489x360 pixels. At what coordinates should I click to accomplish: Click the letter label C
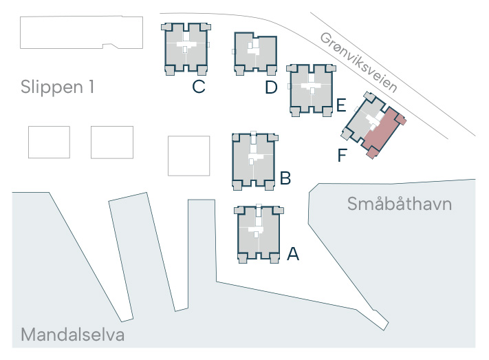point(199,87)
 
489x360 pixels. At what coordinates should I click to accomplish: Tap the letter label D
point(271,87)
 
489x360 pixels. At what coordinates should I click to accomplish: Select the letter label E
point(341,105)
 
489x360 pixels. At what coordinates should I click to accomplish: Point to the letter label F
point(343,155)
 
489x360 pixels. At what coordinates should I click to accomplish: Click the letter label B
point(285,178)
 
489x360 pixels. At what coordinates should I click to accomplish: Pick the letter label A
point(293,254)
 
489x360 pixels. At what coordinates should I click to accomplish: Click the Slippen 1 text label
point(57,87)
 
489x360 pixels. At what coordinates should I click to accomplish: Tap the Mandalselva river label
point(73,335)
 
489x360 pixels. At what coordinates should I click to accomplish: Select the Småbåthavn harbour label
point(400,204)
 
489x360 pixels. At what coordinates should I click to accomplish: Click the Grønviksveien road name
point(359,62)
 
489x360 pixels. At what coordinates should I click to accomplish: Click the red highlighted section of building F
point(384,132)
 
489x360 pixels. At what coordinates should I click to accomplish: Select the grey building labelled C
point(186,49)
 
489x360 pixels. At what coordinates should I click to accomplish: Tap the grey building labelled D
point(255,54)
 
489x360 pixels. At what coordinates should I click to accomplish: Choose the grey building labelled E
point(312,90)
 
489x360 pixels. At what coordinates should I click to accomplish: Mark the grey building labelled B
point(254,161)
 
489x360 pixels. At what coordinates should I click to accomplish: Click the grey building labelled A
point(259,234)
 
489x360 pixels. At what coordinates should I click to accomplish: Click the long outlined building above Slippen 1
point(81,32)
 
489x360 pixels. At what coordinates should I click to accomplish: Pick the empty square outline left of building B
point(188,156)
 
